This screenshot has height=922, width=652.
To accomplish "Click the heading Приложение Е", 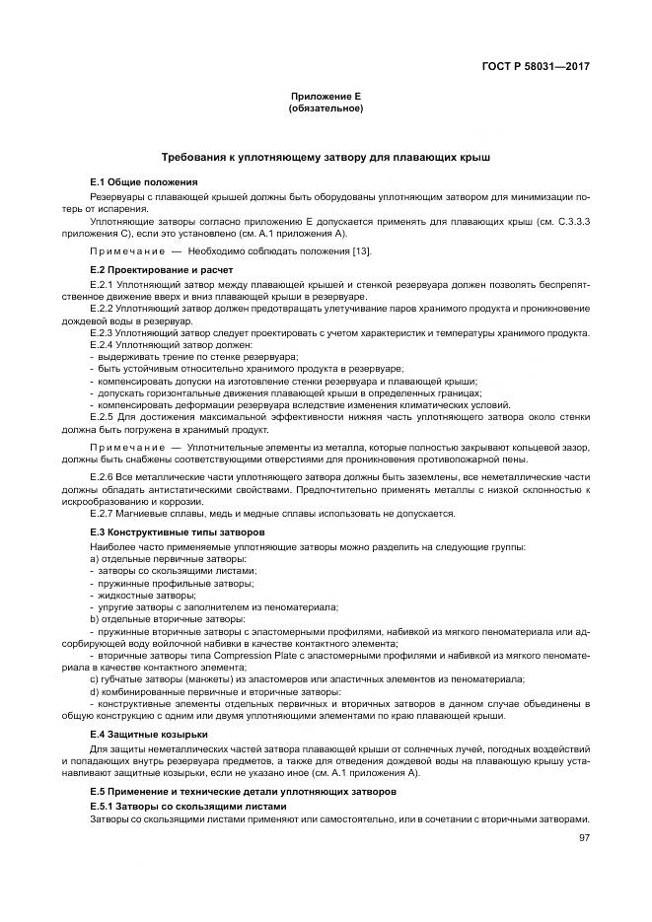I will [x=326, y=97].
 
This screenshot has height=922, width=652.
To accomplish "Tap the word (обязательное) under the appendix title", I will [x=326, y=107].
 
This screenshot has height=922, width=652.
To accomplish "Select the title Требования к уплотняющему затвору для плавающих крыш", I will [x=326, y=157].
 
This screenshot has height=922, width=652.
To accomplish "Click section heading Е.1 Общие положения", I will [x=144, y=182].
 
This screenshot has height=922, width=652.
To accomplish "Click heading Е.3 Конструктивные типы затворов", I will [x=178, y=532].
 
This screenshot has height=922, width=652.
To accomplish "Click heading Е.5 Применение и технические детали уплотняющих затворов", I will [x=243, y=792].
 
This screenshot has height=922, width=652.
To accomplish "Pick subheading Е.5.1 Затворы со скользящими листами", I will [x=187, y=806].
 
